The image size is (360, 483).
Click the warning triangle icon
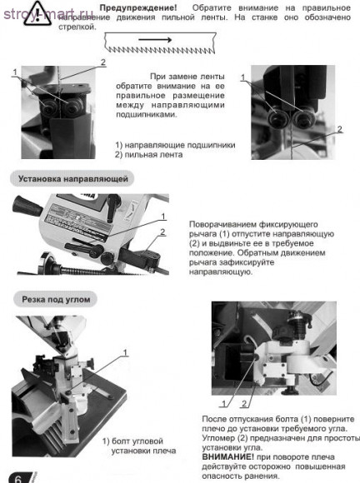pos(37,13)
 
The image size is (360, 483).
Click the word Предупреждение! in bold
pos(138,7)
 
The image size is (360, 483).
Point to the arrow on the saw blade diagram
pos(155,39)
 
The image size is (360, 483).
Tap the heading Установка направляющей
pos(72,179)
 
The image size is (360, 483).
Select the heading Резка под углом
pos(56,300)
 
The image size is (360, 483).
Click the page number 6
pos(17,478)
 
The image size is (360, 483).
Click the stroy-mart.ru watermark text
pos(48,14)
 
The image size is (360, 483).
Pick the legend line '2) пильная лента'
pos(149,154)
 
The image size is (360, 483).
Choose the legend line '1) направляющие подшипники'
pos(175,145)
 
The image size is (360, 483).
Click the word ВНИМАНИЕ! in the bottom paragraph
pos(228,457)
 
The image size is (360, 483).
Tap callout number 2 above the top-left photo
pos(103,62)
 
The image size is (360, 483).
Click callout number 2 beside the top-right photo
pos(340,129)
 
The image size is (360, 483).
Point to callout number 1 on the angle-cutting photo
pos(125,353)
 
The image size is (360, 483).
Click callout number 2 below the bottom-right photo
pos(244,403)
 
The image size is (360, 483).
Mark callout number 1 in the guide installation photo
pos(163,217)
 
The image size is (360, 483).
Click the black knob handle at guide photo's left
pos(27,206)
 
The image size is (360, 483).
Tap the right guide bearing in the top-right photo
pos(303,117)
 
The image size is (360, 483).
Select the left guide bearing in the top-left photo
pos(48,107)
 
